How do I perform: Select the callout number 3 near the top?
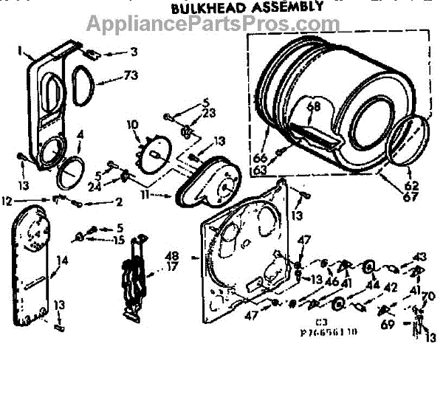[x=134, y=51]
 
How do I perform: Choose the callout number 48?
[x=171, y=256]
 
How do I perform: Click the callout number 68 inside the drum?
[x=315, y=106]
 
